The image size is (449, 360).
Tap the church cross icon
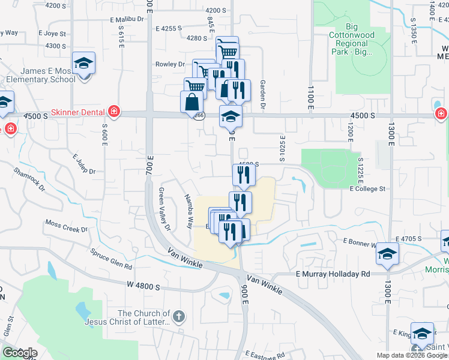point(178,316)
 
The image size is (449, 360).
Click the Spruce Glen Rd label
point(112,259)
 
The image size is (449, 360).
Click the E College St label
point(367,188)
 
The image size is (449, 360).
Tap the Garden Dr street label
point(262,95)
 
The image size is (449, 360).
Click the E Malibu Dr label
point(128,19)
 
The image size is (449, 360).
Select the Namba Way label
point(188,210)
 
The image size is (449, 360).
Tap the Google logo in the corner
point(19,353)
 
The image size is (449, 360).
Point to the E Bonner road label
point(359,242)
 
